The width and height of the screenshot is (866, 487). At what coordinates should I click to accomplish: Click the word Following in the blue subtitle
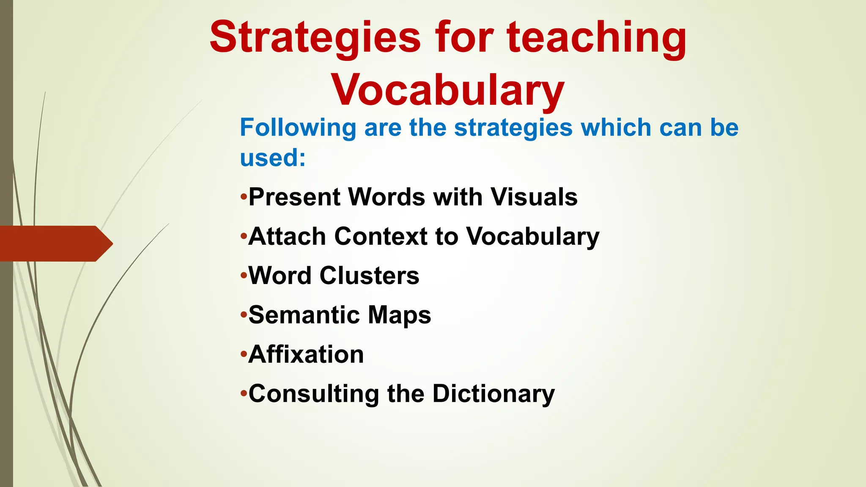pyautogui.click(x=298, y=128)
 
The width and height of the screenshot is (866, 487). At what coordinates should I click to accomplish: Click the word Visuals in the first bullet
pyautogui.click(x=534, y=197)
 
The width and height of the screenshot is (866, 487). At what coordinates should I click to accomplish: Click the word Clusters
pyautogui.click(x=369, y=276)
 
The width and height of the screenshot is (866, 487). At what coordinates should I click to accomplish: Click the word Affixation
pyautogui.click(x=306, y=354)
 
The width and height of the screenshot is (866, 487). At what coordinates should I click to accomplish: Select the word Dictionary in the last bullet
pyautogui.click(x=493, y=394)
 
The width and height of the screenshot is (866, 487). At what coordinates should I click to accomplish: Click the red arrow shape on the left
pyautogui.click(x=55, y=243)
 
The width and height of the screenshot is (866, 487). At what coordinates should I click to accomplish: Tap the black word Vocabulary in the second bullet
pyautogui.click(x=533, y=237)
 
